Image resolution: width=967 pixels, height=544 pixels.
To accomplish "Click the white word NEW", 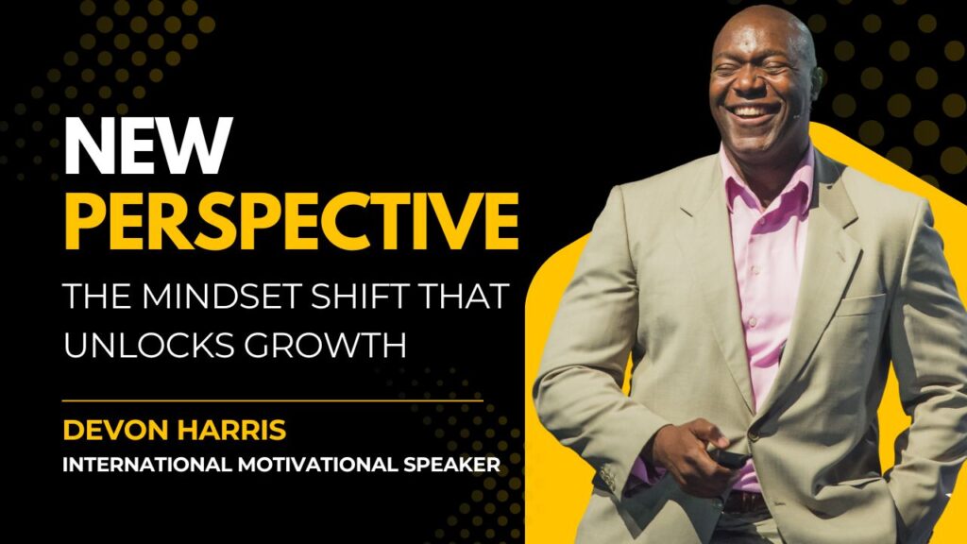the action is point(148,146).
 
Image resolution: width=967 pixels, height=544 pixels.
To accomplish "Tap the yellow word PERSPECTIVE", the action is point(291,221).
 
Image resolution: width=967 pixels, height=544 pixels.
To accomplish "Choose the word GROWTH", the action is point(325,344).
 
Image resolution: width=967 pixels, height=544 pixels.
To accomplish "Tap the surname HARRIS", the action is point(231,430).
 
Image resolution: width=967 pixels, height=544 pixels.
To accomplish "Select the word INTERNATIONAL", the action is point(146,465).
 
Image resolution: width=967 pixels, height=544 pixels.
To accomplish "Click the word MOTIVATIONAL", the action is point(318,465).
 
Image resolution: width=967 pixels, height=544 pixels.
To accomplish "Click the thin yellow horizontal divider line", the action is point(273,400).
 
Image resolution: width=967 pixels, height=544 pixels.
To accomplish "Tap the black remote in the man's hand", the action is point(729,458).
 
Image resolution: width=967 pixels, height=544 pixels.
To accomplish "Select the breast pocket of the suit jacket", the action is point(861,306).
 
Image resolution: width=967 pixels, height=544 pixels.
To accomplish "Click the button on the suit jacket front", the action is point(753,434).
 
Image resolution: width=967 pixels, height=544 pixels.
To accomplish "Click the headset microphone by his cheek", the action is point(797,114).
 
